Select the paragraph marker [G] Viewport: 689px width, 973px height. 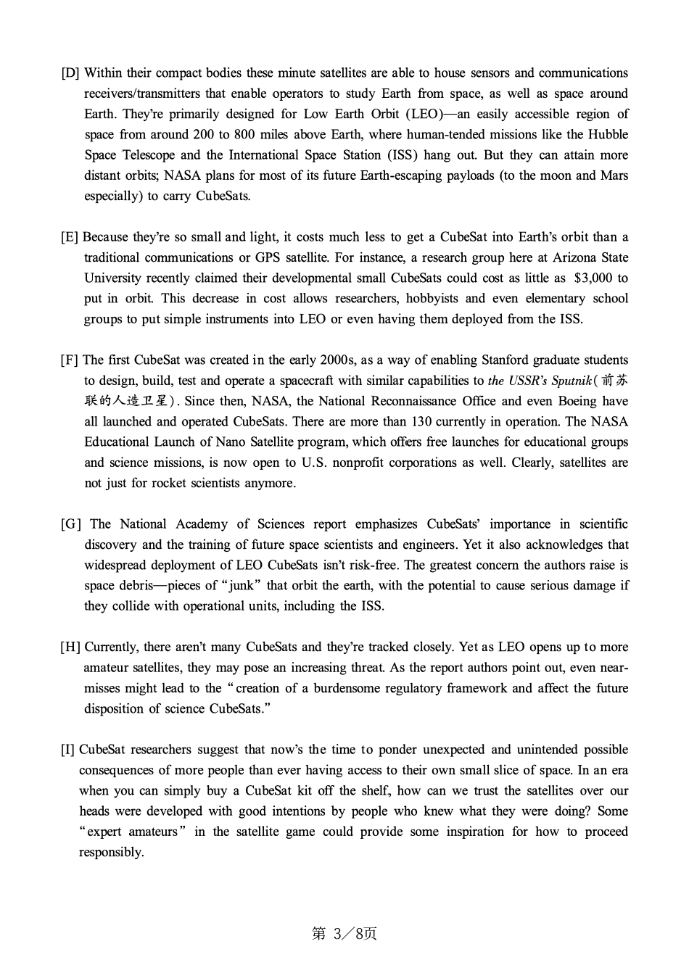point(71,524)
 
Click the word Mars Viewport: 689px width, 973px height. point(614,175)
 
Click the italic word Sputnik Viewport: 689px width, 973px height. point(566,381)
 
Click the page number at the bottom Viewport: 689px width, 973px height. point(344,934)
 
